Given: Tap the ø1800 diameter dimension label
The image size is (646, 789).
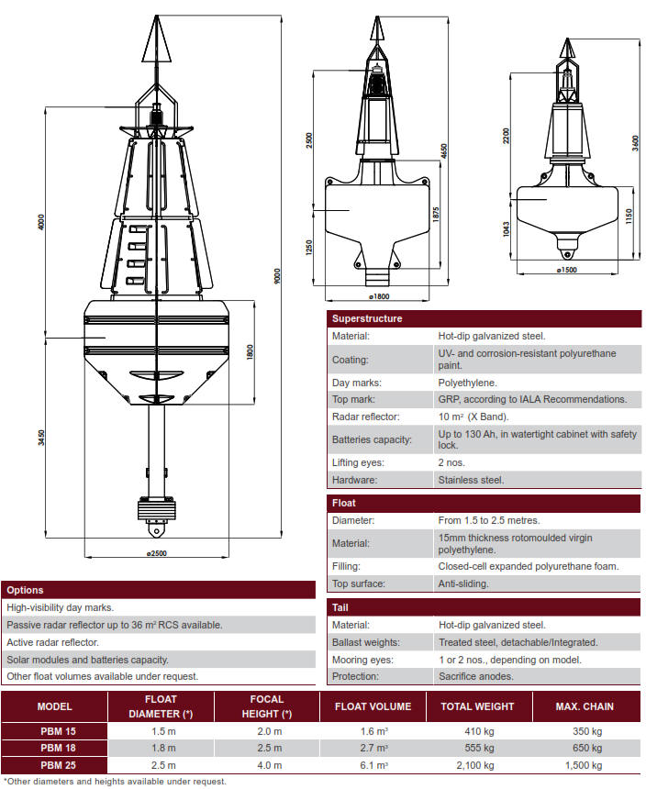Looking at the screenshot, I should pos(379,296).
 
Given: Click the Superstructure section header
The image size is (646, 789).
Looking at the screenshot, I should pos(367,318).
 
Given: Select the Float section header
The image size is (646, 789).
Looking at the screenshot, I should pos(344,503).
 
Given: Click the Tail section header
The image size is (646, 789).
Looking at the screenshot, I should pos(340,607).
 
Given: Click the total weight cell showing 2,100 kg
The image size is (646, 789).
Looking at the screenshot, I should pos(477,764).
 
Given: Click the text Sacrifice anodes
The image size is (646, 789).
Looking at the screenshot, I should pos(475,676).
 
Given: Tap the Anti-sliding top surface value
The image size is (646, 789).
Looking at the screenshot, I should pos(463,583).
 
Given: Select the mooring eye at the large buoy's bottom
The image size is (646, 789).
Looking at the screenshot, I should pos(155,532).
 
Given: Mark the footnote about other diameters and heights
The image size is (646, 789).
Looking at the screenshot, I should pos(115,782).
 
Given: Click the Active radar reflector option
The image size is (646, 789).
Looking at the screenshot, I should pos(54,641).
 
